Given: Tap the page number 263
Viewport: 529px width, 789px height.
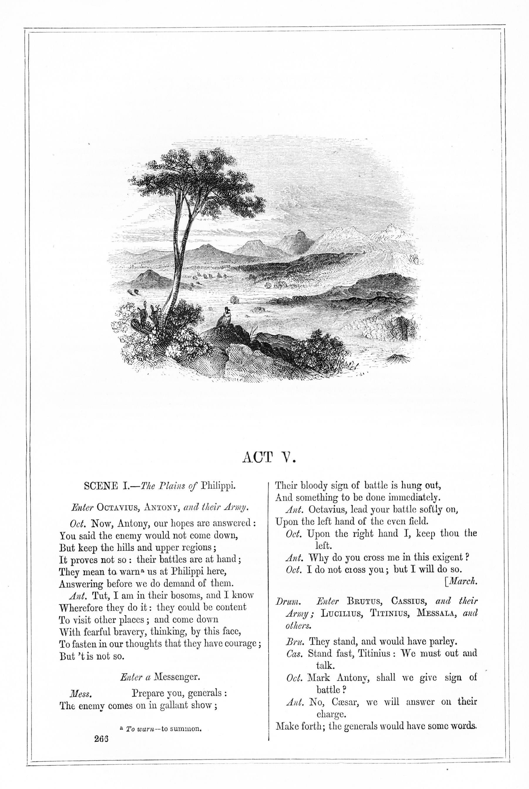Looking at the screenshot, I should coord(101,739).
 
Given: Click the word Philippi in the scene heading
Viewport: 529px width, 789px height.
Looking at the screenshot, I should coord(218,486).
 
